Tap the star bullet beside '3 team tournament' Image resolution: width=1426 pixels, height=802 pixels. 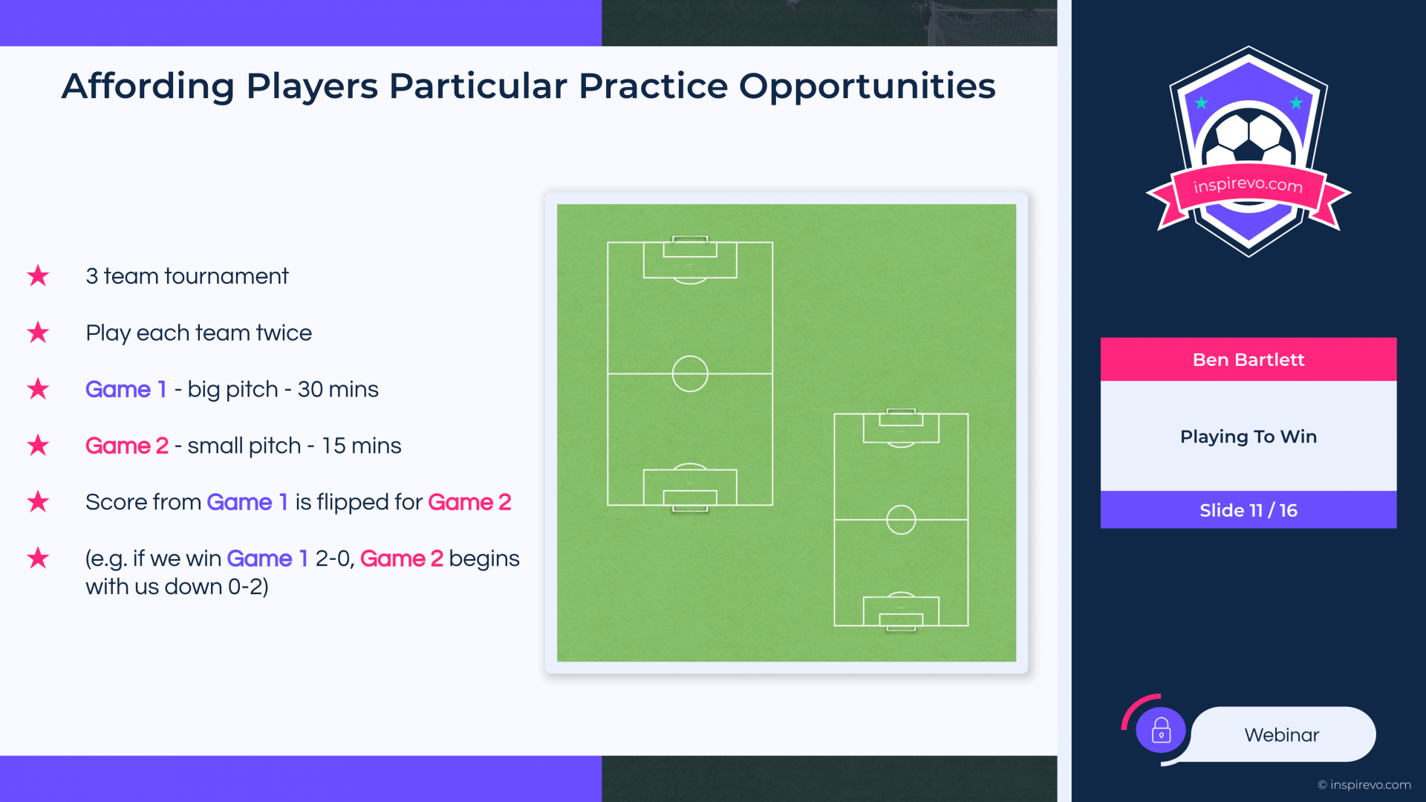38,276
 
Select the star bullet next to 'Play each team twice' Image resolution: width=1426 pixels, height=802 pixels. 38,332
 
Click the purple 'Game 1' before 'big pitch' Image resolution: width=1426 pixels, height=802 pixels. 126,389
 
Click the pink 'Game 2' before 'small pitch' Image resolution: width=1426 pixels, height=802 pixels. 127,446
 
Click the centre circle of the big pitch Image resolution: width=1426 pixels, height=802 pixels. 690,374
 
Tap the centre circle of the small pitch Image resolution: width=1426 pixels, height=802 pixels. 901,520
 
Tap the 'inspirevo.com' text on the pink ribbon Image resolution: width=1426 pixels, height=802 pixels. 1248,185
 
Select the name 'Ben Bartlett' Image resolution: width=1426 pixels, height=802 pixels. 1248,360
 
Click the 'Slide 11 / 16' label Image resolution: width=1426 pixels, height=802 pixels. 1248,510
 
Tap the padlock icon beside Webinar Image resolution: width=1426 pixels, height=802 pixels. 1161,731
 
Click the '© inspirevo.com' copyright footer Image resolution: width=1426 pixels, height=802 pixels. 1364,785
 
